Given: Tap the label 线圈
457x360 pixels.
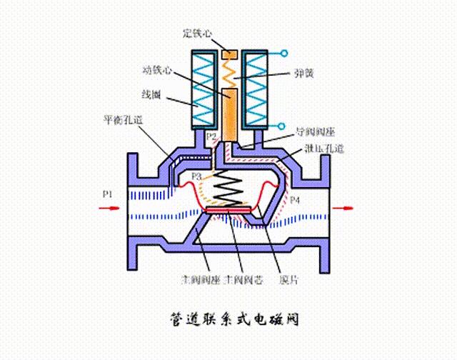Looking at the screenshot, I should click(x=151, y=94).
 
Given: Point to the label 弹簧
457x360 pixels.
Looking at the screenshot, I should click(x=303, y=74).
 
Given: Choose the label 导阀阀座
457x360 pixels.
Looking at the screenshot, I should click(x=315, y=132).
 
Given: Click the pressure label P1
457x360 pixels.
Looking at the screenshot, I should click(x=107, y=194).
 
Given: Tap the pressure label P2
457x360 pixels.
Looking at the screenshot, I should click(x=211, y=136).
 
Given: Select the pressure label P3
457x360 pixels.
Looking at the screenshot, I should click(x=197, y=176).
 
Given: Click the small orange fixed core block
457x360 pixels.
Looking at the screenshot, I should click(x=229, y=54).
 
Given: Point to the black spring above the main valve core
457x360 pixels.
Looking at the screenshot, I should click(x=229, y=189).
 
